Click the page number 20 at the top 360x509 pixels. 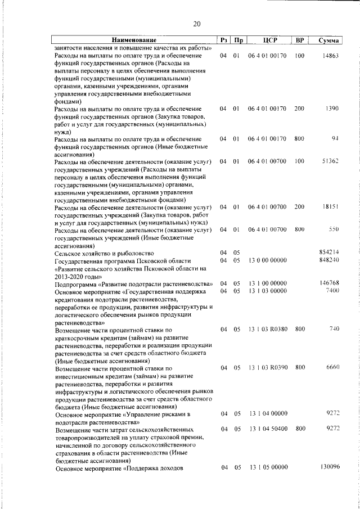pyautogui.click(x=196, y=24)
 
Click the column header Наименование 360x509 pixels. pyautogui.click(x=134, y=40)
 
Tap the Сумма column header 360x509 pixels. pyautogui.click(x=328, y=40)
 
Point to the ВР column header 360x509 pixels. pyautogui.click(x=299, y=40)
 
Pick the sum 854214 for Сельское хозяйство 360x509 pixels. pyautogui.click(x=328, y=253)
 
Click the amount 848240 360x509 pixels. pyautogui.click(x=328, y=260)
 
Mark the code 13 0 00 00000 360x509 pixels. pyautogui.click(x=268, y=260)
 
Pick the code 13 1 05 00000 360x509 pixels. pyautogui.click(x=268, y=467)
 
